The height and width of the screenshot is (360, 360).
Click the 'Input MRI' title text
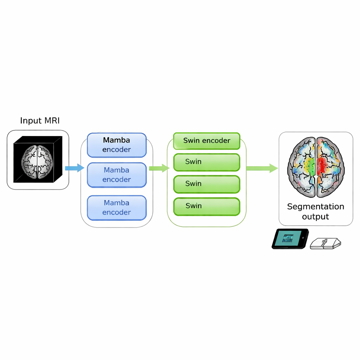40,121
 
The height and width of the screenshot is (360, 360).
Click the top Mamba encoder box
116,145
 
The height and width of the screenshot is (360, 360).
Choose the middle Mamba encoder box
116,175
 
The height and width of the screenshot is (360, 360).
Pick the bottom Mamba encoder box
116,207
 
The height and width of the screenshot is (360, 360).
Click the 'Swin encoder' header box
206,141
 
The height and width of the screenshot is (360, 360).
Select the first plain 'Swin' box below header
206,162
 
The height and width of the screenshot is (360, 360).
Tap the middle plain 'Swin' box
206,184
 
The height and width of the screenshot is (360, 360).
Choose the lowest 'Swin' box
206,206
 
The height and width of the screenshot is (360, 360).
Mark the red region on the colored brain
322,165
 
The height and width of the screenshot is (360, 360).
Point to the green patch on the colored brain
310,165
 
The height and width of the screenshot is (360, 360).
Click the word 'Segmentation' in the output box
315,206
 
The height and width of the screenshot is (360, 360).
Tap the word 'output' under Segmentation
315,217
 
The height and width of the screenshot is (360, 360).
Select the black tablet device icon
290,239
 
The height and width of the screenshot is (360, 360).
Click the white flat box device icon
326,243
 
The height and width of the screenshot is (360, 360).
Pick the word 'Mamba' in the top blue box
116,140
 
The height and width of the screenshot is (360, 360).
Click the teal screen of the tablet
287,238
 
